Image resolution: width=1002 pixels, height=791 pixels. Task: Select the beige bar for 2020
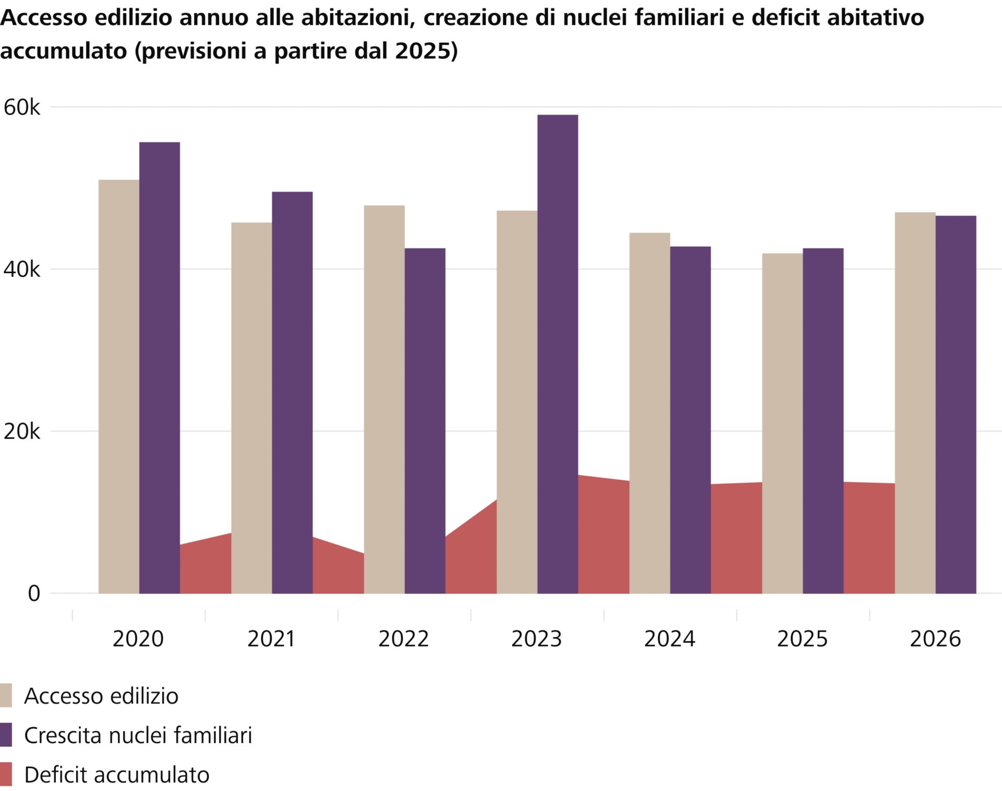point(118,386)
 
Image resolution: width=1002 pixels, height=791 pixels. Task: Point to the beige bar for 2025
point(782,423)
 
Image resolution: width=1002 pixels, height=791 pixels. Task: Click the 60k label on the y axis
point(21,108)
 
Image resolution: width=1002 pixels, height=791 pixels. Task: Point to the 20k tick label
point(21,432)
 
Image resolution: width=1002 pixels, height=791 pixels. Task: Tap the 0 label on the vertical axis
point(33,594)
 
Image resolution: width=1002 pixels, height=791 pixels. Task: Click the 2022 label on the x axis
point(403,639)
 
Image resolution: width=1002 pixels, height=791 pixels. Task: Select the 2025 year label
point(802,639)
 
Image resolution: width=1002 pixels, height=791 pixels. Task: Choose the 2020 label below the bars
point(138,639)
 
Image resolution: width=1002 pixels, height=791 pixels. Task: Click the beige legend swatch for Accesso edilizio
point(6,696)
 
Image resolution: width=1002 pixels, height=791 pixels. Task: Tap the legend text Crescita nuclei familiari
point(138,735)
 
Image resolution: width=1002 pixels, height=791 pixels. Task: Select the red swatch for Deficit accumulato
point(6,775)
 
